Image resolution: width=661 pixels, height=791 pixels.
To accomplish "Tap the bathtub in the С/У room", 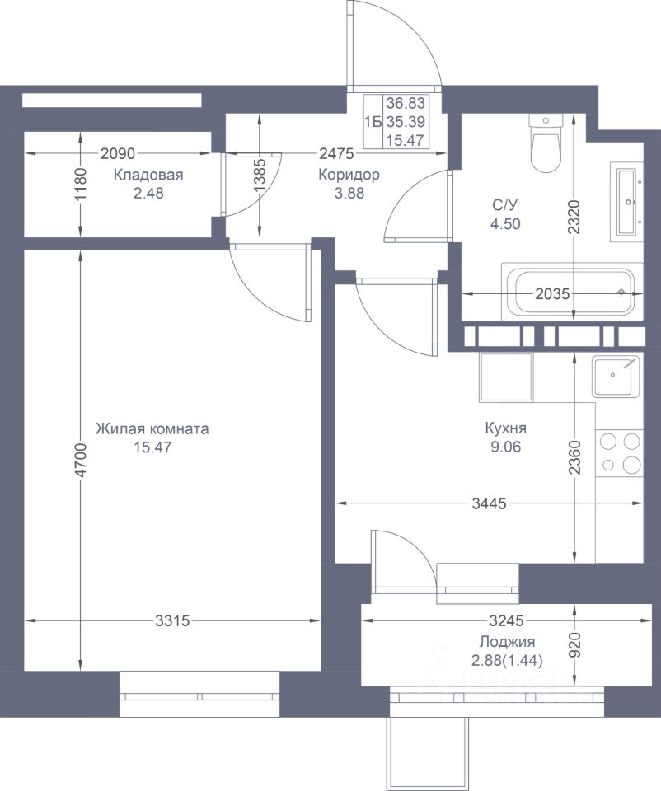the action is [572, 292].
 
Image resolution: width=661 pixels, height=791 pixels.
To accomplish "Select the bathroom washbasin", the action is [626, 202].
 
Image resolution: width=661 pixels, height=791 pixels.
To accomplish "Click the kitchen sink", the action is [616, 376].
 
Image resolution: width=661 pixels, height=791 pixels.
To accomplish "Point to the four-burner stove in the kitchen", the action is [620, 453].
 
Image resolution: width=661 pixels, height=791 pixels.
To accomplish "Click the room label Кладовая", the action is [148, 176].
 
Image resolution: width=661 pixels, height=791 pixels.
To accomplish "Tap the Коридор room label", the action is [349, 176].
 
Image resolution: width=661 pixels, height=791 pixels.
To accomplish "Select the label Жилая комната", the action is [152, 429].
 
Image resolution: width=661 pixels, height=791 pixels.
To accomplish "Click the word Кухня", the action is [505, 428].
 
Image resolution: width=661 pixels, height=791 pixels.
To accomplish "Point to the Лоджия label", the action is [507, 642].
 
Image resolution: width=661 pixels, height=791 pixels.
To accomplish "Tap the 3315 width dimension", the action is [172, 620].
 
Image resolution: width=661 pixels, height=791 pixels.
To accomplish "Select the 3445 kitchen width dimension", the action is [489, 503].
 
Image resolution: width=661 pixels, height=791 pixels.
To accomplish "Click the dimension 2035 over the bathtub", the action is [552, 293].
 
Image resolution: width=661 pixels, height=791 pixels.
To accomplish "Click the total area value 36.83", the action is [406, 104].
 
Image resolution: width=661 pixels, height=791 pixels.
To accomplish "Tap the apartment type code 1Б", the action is [373, 122].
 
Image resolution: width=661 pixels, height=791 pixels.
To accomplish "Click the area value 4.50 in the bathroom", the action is [505, 224].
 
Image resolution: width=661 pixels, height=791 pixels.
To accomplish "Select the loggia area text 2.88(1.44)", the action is [507, 660].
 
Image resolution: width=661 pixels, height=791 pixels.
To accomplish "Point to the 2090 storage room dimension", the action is [118, 153].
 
